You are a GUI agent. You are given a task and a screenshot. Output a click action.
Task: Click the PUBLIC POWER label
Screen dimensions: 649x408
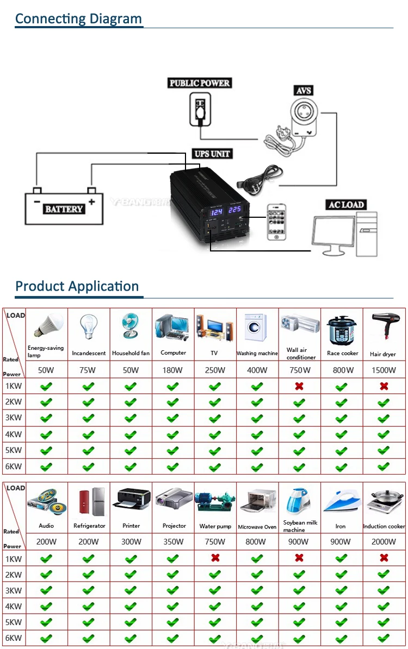200,83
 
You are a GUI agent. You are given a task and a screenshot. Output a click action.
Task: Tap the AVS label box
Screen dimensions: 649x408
304,90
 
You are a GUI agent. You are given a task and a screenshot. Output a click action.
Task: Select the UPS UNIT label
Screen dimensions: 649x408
213,154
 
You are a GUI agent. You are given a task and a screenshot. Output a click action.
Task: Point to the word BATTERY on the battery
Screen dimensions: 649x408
64,209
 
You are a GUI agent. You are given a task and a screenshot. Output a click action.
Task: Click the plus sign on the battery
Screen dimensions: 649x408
91,202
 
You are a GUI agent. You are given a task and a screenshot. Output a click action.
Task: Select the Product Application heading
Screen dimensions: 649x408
77,286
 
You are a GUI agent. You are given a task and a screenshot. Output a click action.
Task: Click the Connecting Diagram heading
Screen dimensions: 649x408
78,18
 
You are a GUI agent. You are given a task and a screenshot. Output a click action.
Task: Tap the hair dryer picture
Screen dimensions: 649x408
383,327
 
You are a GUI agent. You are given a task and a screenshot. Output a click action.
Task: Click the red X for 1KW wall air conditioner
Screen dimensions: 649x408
299,386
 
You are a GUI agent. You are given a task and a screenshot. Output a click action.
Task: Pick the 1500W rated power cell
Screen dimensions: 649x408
383,370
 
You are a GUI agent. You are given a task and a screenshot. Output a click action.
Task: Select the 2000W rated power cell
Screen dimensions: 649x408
383,541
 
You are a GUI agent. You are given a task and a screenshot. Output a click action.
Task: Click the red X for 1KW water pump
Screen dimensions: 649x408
215,558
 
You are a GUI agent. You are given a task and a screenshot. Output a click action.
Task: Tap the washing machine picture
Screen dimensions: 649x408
256,327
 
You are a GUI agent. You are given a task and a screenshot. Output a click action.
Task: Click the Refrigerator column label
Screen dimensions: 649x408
89,526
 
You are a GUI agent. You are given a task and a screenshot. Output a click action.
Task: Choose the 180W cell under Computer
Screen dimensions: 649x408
173,370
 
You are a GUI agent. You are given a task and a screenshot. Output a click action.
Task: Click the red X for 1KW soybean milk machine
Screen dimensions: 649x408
299,558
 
